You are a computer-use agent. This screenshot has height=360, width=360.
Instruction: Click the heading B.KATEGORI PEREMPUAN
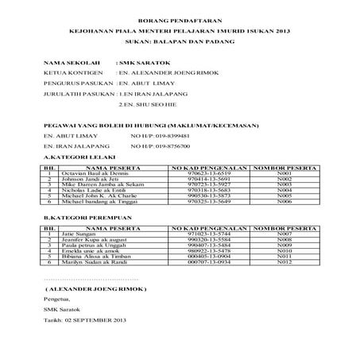pos(77,216)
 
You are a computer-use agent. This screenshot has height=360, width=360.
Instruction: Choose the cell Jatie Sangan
pos(79,234)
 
